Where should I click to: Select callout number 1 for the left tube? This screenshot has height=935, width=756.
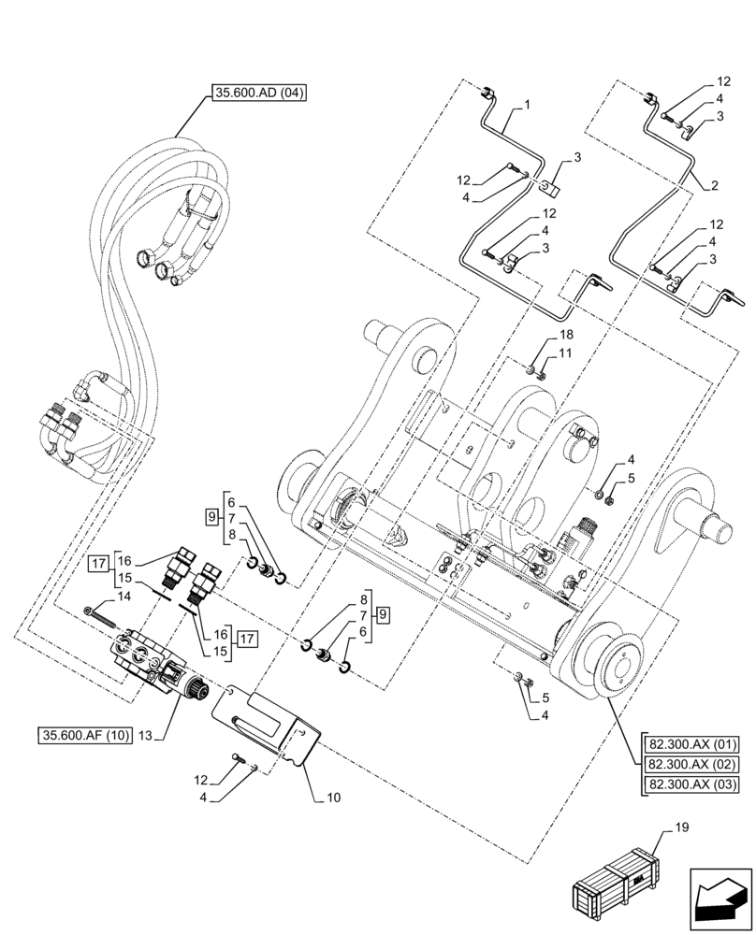[x=527, y=106]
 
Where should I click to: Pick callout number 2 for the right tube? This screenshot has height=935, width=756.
[x=714, y=186]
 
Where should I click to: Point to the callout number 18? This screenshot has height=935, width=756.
[x=567, y=335]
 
